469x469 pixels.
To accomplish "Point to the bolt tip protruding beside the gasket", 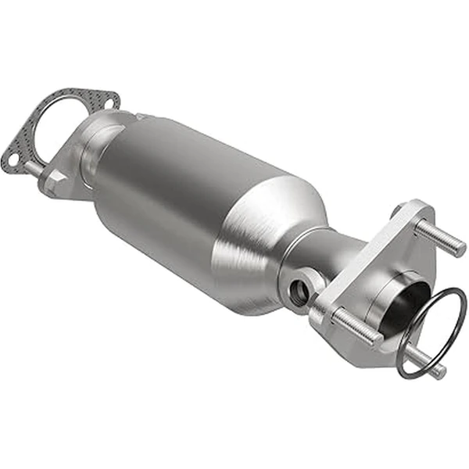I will pos(29,168).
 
